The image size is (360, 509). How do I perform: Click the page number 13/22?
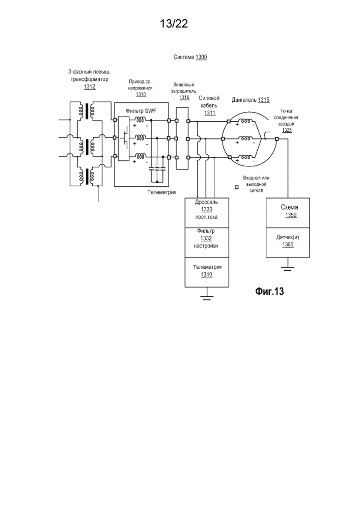point(174,23)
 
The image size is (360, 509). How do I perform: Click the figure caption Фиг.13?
point(269,292)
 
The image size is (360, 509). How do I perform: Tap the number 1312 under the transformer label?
point(90,87)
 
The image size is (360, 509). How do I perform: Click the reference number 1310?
point(141,94)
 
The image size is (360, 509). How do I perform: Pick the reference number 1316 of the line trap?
point(184,97)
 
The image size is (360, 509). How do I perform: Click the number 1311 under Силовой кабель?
point(209,113)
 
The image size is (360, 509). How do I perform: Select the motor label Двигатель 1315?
point(250,100)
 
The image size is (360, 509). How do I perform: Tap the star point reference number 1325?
point(287,130)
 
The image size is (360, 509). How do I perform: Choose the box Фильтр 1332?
point(207,238)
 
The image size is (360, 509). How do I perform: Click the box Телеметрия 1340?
point(207,270)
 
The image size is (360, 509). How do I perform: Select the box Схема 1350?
point(290,211)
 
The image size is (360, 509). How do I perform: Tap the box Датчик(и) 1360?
point(290,241)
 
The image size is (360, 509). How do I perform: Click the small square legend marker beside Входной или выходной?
point(236,187)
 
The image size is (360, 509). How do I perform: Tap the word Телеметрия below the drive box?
point(161,192)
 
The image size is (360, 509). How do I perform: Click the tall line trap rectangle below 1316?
point(182,138)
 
